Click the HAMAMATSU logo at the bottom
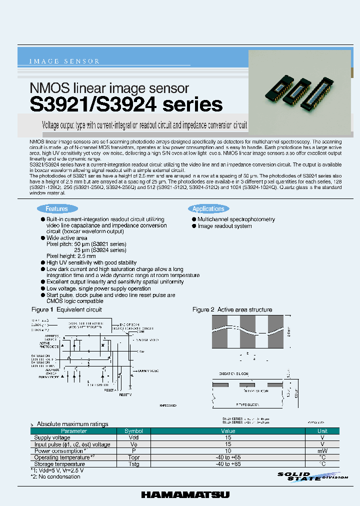[185, 494]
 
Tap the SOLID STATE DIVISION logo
[312, 476]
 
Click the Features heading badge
[56, 209]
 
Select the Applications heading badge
[208, 209]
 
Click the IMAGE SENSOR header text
[65, 61]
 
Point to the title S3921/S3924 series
[126, 104]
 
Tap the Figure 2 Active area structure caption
[232, 310]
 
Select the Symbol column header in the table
[133, 431]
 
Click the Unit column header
[322, 431]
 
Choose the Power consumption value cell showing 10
[228, 450]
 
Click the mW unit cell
[322, 450]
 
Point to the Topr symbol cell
[133, 457]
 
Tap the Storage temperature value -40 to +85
[228, 463]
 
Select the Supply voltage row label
[52, 437]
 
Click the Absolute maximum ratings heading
[72, 424]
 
